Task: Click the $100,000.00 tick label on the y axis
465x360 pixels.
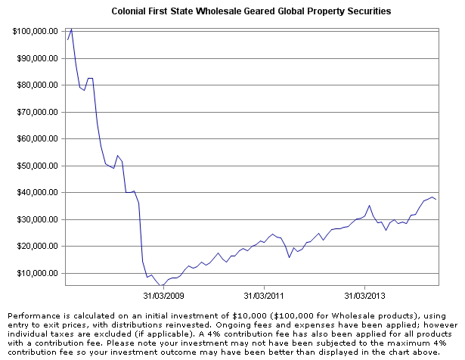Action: [x=36, y=31]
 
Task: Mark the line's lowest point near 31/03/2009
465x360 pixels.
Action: [x=161, y=286]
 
